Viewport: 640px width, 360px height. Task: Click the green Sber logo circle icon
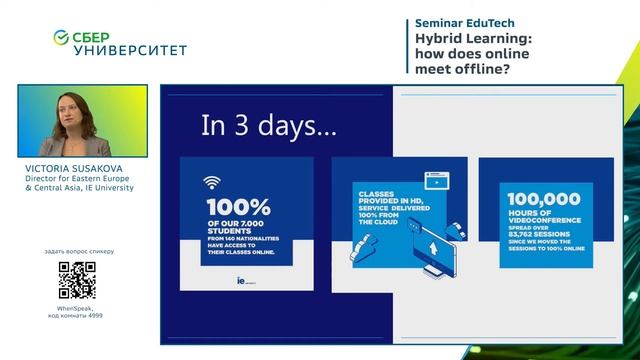pos(61,37)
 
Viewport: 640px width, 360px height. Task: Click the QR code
pos(77,280)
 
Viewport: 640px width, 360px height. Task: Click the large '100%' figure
pos(237,206)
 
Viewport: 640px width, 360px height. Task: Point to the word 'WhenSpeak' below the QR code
pos(75,308)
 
